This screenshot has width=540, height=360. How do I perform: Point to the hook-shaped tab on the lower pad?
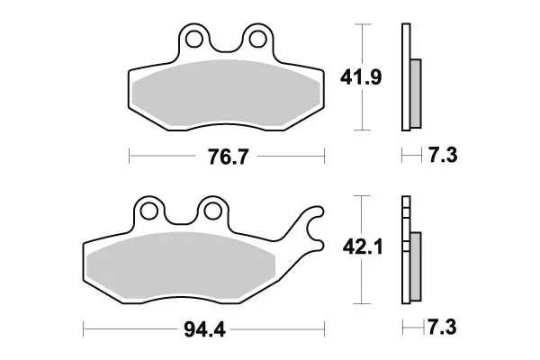(x=310, y=229)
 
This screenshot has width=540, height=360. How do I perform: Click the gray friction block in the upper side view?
(x=415, y=93)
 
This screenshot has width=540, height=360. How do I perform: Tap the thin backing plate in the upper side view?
(x=404, y=76)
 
